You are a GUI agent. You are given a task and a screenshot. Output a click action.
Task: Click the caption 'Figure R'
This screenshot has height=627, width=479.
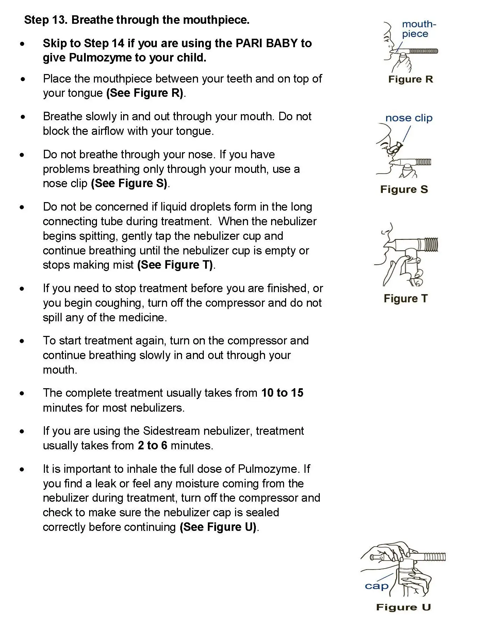pos(410,79)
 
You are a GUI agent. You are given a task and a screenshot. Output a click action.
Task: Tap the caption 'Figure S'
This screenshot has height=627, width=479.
pos(404,189)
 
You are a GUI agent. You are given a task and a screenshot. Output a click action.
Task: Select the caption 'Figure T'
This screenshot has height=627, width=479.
pos(405,299)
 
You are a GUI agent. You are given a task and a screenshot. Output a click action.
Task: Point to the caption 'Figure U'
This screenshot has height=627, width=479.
pos(403,607)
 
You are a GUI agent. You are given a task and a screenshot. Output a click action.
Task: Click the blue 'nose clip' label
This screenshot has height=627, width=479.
pos(409,118)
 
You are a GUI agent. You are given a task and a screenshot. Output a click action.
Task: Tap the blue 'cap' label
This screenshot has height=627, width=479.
pos(376,586)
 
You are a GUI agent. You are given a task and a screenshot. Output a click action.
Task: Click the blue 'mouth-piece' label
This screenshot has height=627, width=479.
pos(418,29)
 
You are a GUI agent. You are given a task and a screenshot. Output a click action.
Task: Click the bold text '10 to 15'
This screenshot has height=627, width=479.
pos(282,393)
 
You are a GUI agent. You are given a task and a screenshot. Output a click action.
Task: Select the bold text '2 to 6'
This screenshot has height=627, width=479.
pos(152,445)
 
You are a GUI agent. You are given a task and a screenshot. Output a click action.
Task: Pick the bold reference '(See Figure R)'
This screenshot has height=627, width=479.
pos(145,93)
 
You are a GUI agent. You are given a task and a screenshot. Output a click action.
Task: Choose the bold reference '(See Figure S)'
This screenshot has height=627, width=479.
pos(129,183)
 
